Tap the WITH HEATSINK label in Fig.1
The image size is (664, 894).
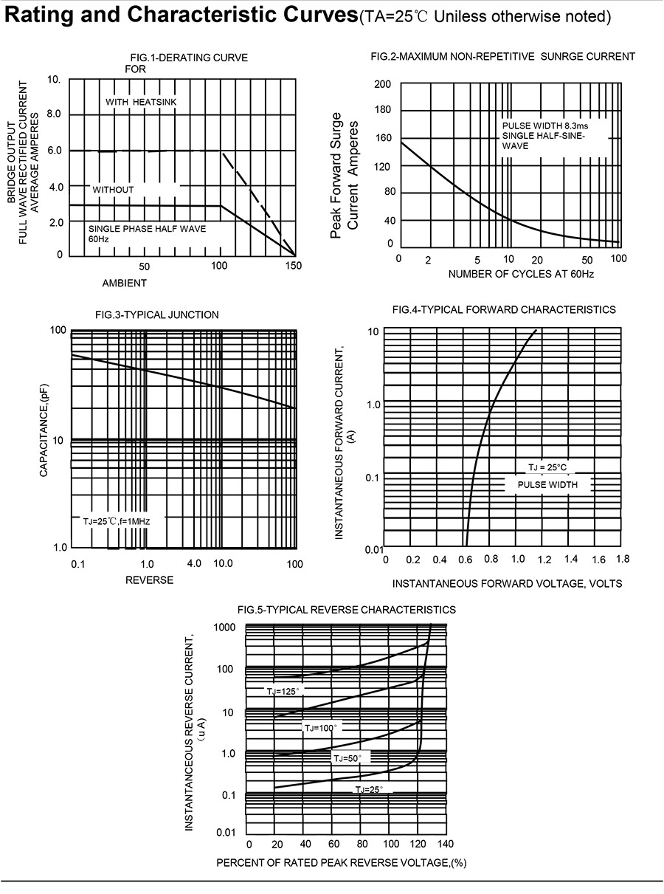(141, 102)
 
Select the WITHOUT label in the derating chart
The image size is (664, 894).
(113, 190)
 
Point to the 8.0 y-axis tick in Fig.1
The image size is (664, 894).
(54, 114)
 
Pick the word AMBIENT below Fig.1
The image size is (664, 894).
(124, 283)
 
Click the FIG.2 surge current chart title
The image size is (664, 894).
(502, 56)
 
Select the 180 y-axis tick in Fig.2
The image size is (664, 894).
(382, 111)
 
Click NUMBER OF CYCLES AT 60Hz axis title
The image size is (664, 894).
(521, 274)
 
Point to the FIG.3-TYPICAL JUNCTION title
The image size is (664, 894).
(157, 314)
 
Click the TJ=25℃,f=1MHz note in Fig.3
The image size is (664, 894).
(117, 521)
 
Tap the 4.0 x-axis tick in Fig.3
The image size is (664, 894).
(194, 563)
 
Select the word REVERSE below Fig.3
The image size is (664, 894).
(149, 580)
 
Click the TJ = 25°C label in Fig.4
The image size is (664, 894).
(547, 467)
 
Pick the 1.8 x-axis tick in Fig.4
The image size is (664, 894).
(623, 560)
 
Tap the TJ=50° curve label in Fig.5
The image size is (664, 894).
(347, 758)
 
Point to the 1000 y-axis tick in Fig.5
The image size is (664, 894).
(225, 627)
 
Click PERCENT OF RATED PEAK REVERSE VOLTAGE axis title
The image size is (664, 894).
(342, 863)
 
